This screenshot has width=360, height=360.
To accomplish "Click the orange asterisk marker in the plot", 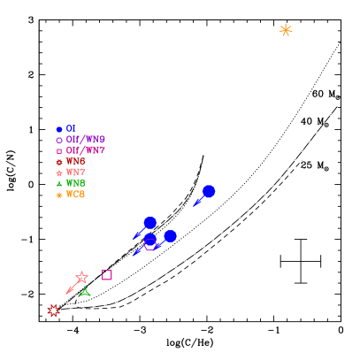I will point(286,30).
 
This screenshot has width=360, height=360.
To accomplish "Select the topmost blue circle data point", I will point(209,191).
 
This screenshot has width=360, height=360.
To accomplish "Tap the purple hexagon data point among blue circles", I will point(150,243).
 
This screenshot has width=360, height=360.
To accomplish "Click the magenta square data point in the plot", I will point(107,275).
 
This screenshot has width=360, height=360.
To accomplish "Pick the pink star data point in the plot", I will point(81,278).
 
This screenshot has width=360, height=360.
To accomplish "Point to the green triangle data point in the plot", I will point(85,291).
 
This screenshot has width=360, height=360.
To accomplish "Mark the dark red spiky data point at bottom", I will point(53,310).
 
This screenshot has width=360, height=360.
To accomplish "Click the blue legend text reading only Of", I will point(71,129).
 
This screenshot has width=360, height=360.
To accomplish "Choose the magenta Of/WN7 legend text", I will point(85,150).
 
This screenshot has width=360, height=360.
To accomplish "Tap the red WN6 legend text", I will point(75,162).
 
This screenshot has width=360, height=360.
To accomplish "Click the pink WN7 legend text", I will point(75,172).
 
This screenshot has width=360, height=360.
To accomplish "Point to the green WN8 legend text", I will point(75,183).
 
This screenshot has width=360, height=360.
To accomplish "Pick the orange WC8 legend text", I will point(75,195).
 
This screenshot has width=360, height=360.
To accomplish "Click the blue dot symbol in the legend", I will point(59,129).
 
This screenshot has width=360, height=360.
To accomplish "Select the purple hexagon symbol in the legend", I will point(59,140).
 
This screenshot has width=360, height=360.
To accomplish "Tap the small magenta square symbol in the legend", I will point(59,151).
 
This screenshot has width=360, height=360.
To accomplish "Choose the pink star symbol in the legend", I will point(59,172).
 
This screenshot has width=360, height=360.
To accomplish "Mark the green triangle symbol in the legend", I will point(59,183).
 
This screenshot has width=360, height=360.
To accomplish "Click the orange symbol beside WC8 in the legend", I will point(59,195).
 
